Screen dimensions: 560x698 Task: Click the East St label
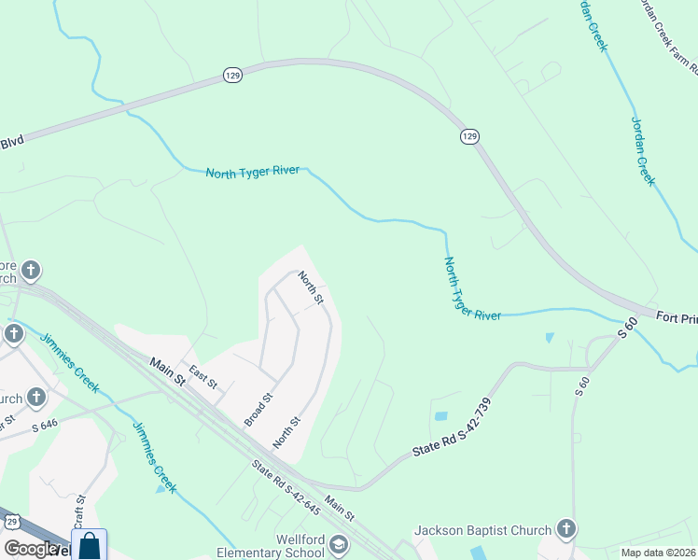click(x=202, y=378)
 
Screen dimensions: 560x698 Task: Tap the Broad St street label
click(x=258, y=410)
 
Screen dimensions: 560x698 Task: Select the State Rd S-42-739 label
click(x=452, y=428)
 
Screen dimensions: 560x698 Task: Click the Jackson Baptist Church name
click(x=483, y=530)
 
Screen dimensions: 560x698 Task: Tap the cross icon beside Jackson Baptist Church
click(x=565, y=530)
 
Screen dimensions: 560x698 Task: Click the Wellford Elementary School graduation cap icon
click(x=339, y=545)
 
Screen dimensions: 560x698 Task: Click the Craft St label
click(x=80, y=511)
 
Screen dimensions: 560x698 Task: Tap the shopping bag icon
click(x=90, y=546)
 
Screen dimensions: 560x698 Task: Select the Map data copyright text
click(x=659, y=553)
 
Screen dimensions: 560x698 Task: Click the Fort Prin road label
click(x=676, y=318)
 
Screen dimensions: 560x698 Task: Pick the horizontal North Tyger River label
click(x=253, y=172)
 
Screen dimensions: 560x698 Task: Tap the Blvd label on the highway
click(x=11, y=140)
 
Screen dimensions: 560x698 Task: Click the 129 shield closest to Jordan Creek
click(x=469, y=137)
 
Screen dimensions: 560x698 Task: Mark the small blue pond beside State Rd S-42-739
click(x=440, y=416)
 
